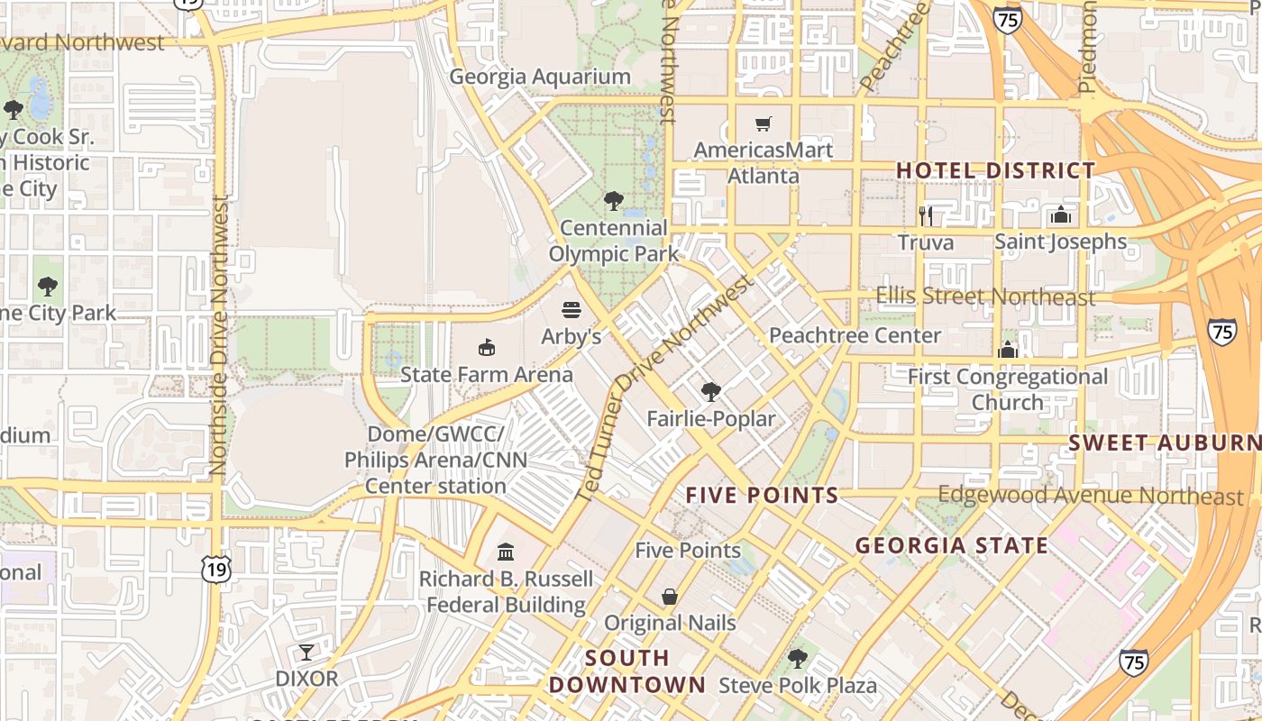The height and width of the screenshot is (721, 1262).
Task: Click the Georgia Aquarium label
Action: click(540, 77)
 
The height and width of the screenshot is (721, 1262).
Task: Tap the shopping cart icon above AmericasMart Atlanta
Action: click(764, 123)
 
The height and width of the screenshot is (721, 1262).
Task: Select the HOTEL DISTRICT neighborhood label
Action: click(995, 170)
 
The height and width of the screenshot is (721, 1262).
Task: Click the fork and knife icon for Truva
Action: click(925, 215)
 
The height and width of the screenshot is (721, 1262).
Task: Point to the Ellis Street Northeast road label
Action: click(985, 297)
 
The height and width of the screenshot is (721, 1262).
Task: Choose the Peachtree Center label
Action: click(855, 335)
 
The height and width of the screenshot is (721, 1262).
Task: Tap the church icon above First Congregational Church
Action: click(1008, 350)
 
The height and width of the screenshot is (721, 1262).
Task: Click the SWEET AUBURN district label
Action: click(1165, 443)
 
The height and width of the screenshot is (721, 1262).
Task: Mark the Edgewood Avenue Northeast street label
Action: click(1090, 496)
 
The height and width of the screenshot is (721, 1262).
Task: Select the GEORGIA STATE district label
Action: click(951, 545)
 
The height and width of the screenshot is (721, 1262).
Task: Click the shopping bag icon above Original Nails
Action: click(670, 597)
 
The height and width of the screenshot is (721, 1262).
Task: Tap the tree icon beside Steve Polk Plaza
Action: click(797, 659)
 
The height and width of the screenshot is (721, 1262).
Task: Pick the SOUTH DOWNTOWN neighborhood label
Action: click(627, 671)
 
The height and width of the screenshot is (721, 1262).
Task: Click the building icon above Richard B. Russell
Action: click(506, 552)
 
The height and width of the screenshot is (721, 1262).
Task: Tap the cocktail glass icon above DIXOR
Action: click(306, 652)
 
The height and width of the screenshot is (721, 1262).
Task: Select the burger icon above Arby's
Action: click(571, 310)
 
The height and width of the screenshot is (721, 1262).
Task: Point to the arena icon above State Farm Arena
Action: click(487, 347)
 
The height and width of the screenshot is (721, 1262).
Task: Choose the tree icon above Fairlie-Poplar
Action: click(710, 392)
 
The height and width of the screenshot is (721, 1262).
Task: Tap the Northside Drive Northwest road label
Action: click(218, 335)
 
